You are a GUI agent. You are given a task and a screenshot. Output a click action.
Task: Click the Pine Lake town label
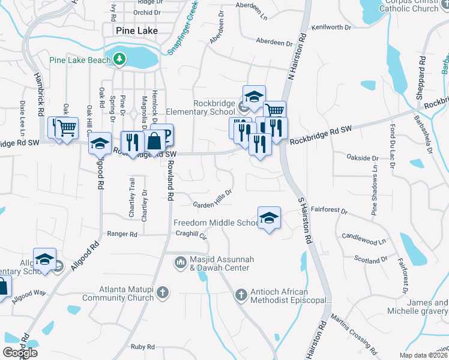click(x=130, y=30)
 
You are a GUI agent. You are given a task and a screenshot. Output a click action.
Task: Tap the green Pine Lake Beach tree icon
click(x=120, y=59)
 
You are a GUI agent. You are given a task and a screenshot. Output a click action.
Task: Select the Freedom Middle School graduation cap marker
click(x=269, y=218)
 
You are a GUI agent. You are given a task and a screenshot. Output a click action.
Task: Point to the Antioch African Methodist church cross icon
click(x=241, y=295)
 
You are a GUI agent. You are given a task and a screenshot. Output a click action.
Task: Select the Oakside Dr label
click(x=363, y=158)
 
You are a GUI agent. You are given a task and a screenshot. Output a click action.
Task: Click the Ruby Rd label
click(x=143, y=346)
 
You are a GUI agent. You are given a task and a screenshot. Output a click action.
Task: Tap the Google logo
click(x=20, y=353)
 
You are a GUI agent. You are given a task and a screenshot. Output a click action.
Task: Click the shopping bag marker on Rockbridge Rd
click(x=154, y=142)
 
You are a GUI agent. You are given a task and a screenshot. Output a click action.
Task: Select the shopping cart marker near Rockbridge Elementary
click(x=274, y=111)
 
